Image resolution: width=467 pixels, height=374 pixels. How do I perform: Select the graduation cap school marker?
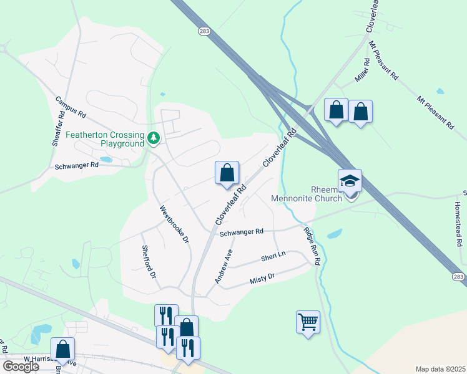[x=350, y=181]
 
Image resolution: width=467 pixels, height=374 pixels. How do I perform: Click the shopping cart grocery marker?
[x=308, y=322]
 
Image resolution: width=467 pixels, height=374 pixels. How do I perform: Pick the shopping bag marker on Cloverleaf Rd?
[x=227, y=173]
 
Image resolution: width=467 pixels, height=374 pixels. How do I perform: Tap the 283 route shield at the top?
[x=204, y=30]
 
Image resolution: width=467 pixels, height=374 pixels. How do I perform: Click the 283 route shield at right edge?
[x=459, y=276]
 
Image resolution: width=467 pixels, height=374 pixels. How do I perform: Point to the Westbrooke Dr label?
[x=174, y=225]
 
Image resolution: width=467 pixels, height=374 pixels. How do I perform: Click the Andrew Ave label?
[x=224, y=266]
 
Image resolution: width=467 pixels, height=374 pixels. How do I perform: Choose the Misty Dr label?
[x=262, y=277]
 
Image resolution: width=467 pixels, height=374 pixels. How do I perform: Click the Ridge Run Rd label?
[x=312, y=246]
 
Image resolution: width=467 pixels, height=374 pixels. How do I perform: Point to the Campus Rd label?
[x=70, y=108]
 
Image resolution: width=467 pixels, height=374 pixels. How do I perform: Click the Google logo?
[x=21, y=367]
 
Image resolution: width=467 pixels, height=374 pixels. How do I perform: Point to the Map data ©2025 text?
[x=440, y=369]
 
